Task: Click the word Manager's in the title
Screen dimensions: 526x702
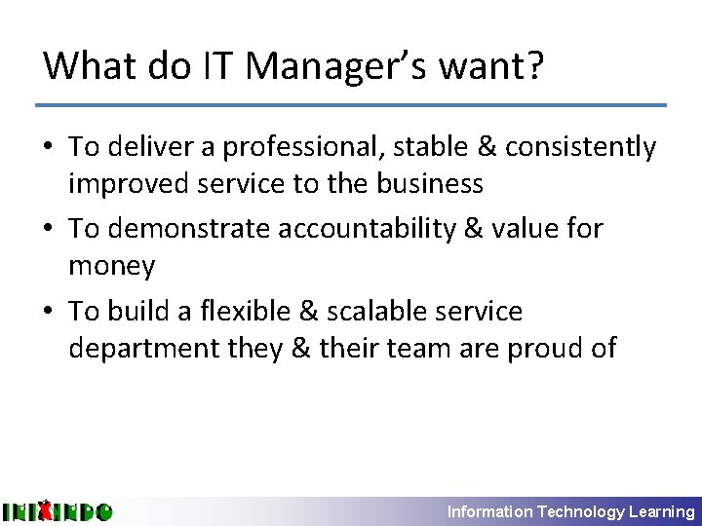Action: pyautogui.click(x=341, y=66)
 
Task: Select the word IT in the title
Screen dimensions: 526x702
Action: pyautogui.click(x=218, y=66)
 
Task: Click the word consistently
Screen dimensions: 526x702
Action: pyautogui.click(x=580, y=147)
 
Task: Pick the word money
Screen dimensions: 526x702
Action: pyautogui.click(x=111, y=265)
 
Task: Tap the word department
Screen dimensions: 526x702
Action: pyautogui.click(x=141, y=348)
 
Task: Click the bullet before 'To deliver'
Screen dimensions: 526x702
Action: pyautogui.click(x=50, y=148)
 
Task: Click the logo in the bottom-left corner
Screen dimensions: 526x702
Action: pyautogui.click(x=58, y=510)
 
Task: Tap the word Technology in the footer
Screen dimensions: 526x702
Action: pyautogui.click(x=580, y=511)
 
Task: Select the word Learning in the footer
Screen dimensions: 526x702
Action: pyautogui.click(x=662, y=511)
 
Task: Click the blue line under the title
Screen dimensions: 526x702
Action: pyautogui.click(x=351, y=104)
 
